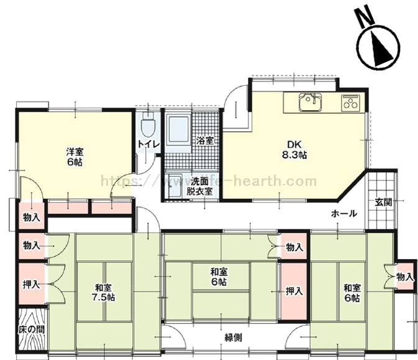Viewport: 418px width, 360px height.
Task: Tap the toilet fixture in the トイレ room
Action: pyautogui.click(x=147, y=127)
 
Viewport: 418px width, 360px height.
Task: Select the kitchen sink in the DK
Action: pyautogui.click(x=308, y=101)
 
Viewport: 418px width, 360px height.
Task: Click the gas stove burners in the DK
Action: pyautogui.click(x=350, y=103)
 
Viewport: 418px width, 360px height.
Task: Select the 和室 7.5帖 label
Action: pyautogui.click(x=104, y=292)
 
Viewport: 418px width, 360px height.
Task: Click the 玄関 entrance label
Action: pyautogui.click(x=383, y=201)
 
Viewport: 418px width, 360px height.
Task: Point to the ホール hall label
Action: pyautogui.click(x=343, y=213)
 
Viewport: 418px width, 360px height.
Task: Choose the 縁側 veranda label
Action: pyautogui.click(x=233, y=338)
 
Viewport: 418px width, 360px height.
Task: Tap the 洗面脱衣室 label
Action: pyautogui.click(x=201, y=187)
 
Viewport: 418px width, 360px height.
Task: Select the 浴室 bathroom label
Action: pyautogui.click(x=205, y=141)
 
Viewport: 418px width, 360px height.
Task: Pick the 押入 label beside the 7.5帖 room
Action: pyautogui.click(x=31, y=285)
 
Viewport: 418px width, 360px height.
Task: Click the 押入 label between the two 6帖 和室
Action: pyautogui.click(x=294, y=290)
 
